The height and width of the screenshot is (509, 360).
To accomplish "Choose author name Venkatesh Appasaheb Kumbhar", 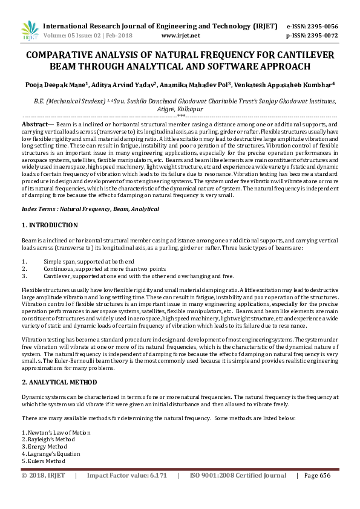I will tap(291, 85).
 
